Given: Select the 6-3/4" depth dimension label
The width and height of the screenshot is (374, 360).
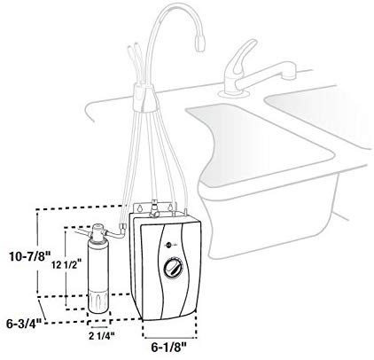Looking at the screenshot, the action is pyautogui.click(x=24, y=325).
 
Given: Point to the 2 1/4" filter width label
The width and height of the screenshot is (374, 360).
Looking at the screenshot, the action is pyautogui.click(x=102, y=336).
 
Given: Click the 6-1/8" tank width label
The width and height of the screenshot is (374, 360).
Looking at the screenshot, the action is pyautogui.click(x=169, y=348).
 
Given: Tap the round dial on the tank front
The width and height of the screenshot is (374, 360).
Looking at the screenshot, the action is pyautogui.click(x=173, y=268).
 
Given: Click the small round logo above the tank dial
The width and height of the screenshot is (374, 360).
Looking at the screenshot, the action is pyautogui.click(x=168, y=245).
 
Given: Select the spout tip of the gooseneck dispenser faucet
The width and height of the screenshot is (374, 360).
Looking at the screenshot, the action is pyautogui.click(x=200, y=43).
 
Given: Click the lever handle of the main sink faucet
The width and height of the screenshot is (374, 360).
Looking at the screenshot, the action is pyautogui.click(x=239, y=59).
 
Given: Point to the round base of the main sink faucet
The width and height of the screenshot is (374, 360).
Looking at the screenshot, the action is pyautogui.click(x=233, y=94).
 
